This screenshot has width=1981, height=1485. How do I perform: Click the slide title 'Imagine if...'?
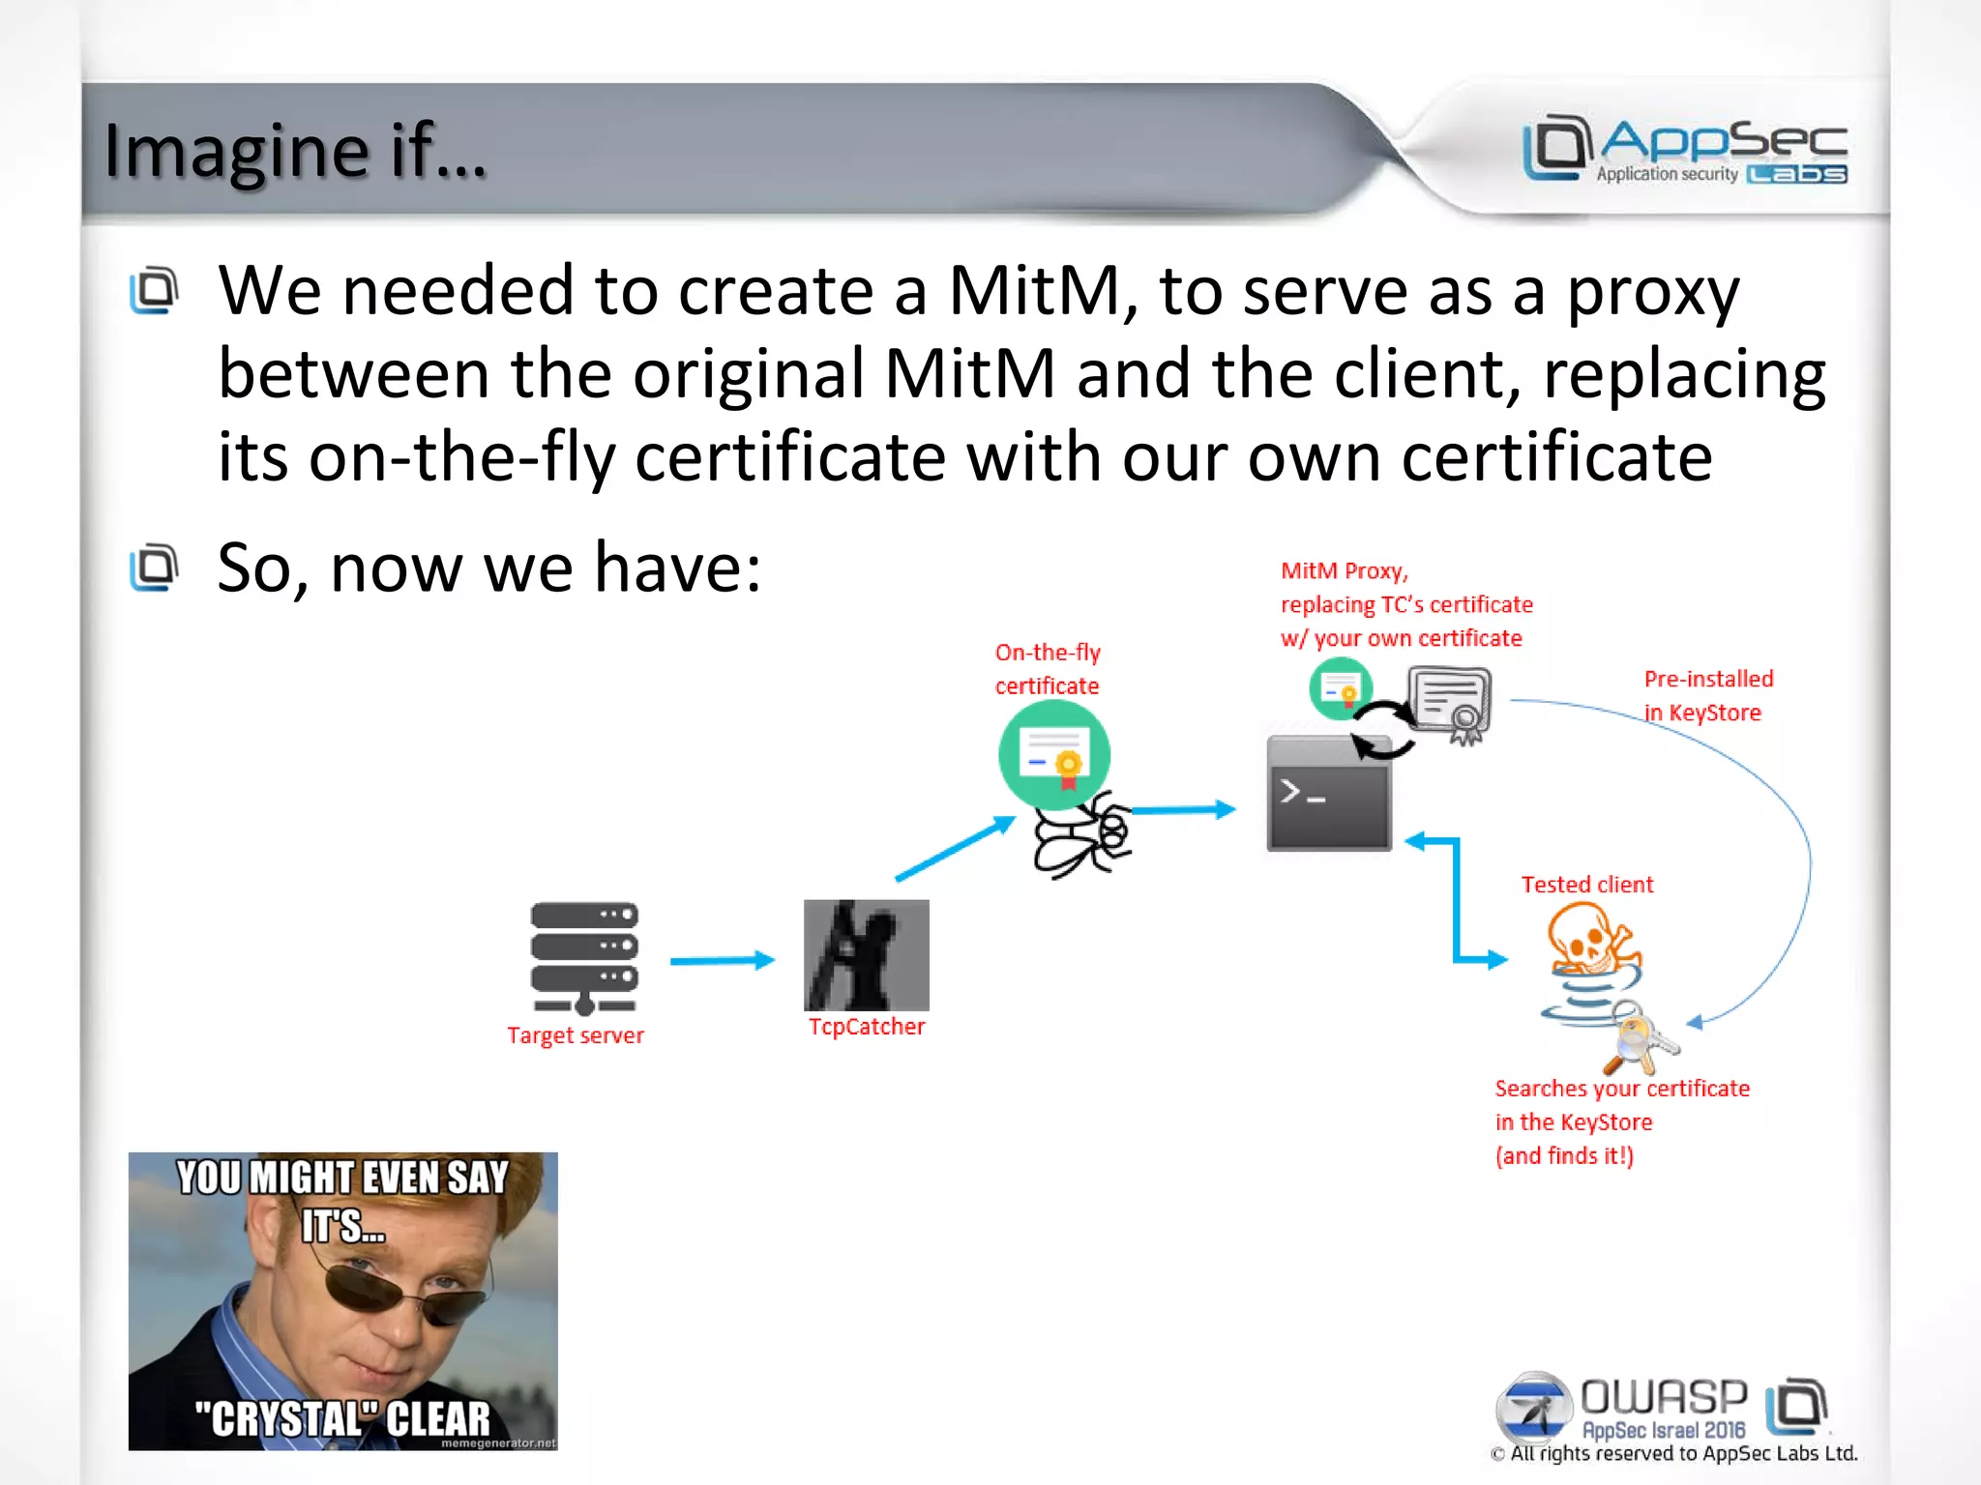(295, 151)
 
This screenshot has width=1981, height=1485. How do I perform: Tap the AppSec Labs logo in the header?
(1684, 149)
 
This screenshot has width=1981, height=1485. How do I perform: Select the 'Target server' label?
(576, 1035)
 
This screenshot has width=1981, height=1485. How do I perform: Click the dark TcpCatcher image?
(866, 954)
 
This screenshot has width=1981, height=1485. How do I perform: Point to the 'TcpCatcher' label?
(867, 1027)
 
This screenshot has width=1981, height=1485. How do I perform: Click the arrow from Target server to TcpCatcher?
(722, 960)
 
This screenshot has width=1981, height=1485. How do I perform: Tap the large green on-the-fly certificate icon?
(1053, 755)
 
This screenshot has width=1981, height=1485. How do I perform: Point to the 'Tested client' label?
(1586, 885)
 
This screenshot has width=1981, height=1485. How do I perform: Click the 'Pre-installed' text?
(1708, 679)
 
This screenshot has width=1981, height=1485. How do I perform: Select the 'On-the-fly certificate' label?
(1048, 669)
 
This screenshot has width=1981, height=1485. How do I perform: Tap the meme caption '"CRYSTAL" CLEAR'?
(342, 1418)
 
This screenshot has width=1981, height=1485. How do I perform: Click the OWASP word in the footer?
(1664, 1398)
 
